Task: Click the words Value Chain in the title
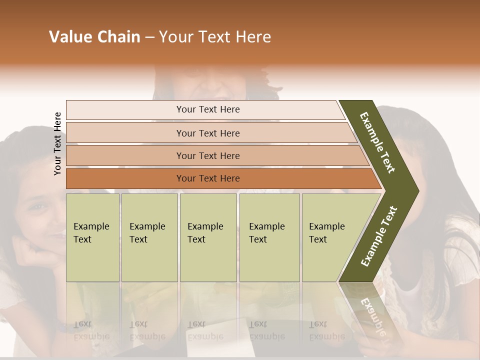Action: point(94,37)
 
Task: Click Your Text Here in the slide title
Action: point(215,37)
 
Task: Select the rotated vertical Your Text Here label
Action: point(57,143)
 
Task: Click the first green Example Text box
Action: point(92,237)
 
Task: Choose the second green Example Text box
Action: point(149,237)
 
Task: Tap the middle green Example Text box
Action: point(208,237)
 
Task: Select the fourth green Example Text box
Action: point(269,237)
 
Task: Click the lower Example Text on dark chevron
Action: point(379,236)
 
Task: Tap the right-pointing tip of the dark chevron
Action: point(415,190)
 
